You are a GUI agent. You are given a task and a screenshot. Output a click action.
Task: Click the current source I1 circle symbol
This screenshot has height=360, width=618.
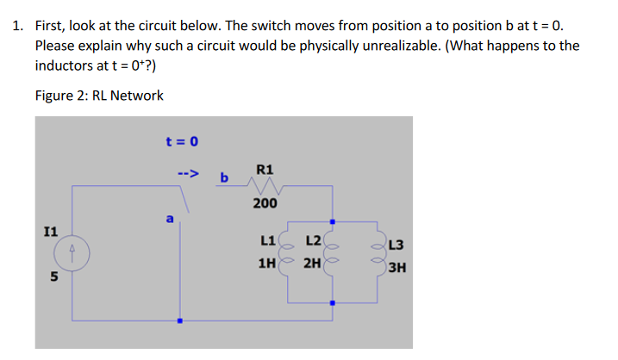point(73,253)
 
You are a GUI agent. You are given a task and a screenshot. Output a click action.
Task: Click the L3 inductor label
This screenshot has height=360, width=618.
point(398,248)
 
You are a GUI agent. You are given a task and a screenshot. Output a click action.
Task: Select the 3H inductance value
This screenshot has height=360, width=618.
point(398,267)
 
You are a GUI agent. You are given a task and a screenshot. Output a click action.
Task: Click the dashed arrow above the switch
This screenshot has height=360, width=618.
point(187,173)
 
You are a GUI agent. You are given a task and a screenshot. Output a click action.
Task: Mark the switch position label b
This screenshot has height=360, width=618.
point(224,177)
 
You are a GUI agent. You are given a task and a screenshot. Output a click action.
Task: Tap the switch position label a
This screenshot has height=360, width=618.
point(170,220)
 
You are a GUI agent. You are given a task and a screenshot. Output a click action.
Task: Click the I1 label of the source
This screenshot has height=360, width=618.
point(51,232)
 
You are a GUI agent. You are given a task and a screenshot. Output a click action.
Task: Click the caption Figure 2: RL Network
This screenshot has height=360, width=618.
point(99,95)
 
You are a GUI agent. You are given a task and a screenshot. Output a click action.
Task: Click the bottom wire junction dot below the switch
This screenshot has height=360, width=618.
point(179,321)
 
